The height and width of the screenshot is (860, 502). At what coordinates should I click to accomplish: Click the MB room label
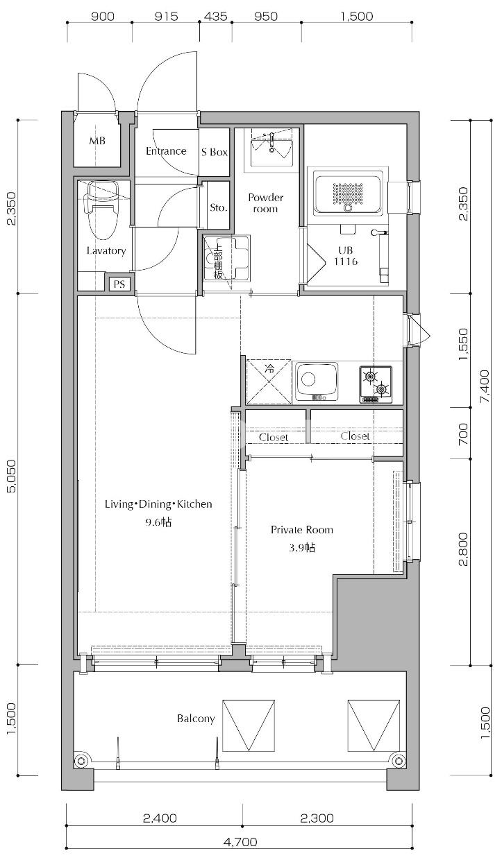pyautogui.click(x=97, y=141)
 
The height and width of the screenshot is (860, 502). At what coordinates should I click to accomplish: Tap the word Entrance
pyautogui.click(x=166, y=151)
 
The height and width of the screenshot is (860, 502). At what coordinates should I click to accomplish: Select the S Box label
pyautogui.click(x=215, y=152)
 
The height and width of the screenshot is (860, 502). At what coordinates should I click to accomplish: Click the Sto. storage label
pyautogui.click(x=218, y=207)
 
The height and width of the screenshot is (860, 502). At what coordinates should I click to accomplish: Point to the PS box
pyautogui.click(x=119, y=284)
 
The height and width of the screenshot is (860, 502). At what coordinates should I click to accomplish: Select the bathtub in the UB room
pyautogui.click(x=347, y=191)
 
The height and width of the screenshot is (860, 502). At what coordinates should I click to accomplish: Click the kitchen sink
pyautogui.click(x=317, y=381)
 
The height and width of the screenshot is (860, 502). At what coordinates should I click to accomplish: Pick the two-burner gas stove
pyautogui.click(x=376, y=385)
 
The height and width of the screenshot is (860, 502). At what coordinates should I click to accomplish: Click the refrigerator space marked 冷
pyautogui.click(x=269, y=381)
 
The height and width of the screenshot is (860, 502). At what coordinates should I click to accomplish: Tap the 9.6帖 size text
pyautogui.click(x=158, y=522)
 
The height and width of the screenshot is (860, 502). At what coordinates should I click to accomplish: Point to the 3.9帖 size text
pyautogui.click(x=302, y=547)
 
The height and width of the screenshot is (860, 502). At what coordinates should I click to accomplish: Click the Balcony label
pyautogui.click(x=196, y=719)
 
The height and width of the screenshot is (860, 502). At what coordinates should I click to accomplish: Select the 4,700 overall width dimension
pyautogui.click(x=240, y=850)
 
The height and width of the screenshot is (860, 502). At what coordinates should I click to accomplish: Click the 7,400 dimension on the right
pyautogui.click(x=485, y=386)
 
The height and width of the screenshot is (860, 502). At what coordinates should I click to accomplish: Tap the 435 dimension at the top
pyautogui.click(x=215, y=16)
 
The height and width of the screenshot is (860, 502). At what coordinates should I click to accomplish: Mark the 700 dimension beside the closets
pyautogui.click(x=464, y=433)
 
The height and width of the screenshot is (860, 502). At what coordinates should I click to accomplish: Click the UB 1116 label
pyautogui.click(x=346, y=256)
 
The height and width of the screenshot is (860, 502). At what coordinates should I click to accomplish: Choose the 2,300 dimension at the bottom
pyautogui.click(x=317, y=818)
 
